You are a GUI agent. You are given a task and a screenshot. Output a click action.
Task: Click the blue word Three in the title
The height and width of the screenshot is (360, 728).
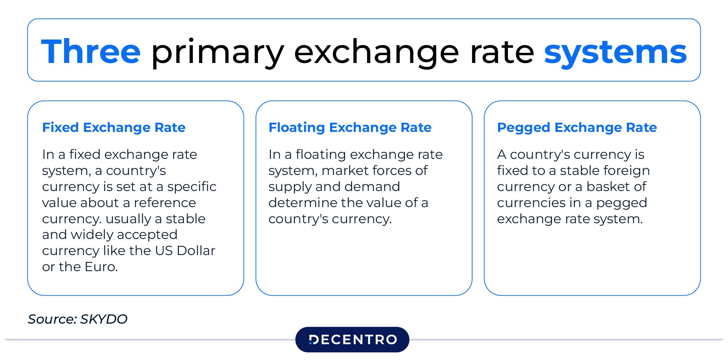[x=91, y=51]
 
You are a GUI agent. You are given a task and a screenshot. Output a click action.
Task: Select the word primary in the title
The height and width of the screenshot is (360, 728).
[x=217, y=54]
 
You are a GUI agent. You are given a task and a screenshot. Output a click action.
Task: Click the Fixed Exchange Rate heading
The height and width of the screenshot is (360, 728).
[x=114, y=127]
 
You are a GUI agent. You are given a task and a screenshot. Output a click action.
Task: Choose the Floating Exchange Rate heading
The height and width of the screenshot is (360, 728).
[x=350, y=128]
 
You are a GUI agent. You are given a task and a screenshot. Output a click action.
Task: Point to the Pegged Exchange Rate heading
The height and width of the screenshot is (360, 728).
[x=577, y=128]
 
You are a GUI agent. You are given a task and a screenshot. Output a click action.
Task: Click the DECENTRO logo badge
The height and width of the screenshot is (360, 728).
[x=352, y=339]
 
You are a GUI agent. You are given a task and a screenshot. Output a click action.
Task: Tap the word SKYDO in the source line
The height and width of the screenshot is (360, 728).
[x=104, y=319]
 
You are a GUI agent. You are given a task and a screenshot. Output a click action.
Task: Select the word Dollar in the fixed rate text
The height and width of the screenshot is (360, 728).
[x=196, y=250]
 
